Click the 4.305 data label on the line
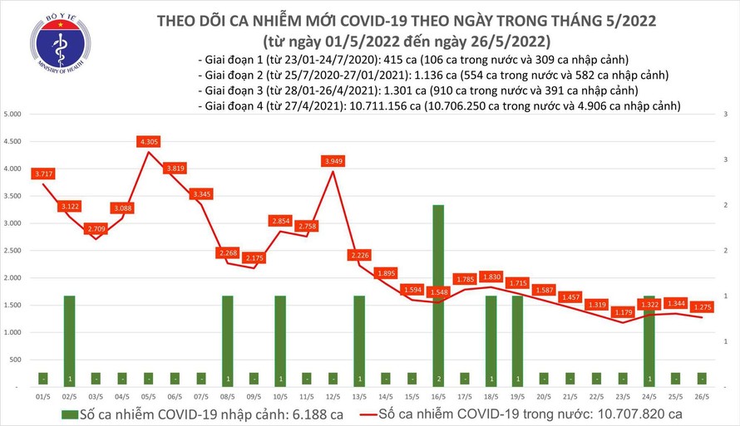pos(150,142)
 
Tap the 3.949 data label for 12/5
pos(333,160)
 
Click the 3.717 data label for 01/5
pos(43,173)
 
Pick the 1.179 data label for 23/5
pos(621,312)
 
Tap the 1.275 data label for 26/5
pos(699,306)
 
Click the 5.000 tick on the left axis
pos(14,115)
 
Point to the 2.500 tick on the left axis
pos(14,251)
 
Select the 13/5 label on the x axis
pos(359,397)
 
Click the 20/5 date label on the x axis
pos(544,397)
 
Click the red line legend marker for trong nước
pos(360,413)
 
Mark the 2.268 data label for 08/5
pos(229,253)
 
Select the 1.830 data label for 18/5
pos(491,277)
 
